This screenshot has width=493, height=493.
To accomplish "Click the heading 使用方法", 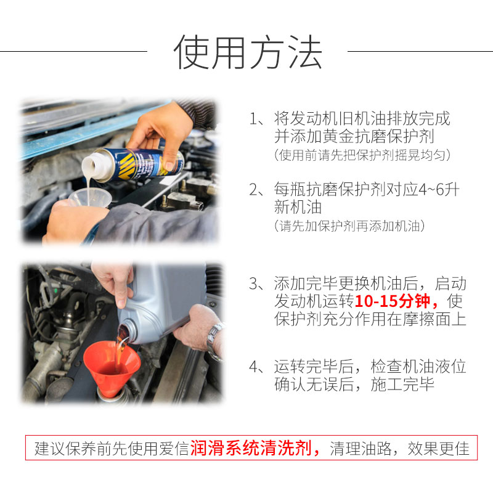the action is [x=248, y=52].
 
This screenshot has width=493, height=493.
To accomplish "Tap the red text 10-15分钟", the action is [x=392, y=301].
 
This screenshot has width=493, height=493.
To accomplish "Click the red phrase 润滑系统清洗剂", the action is [x=251, y=448].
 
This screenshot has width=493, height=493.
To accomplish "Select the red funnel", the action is [x=112, y=369].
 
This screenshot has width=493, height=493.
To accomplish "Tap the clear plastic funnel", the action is [x=90, y=198].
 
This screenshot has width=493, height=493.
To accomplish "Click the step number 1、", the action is [x=256, y=119].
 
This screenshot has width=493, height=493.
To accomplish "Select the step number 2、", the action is [x=256, y=190].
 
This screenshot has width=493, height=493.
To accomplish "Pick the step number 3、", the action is [x=256, y=283].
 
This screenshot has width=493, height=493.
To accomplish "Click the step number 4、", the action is [x=256, y=367].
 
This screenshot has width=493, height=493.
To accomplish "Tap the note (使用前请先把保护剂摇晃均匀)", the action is [x=362, y=155].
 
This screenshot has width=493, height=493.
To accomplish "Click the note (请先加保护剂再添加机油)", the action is [x=349, y=226].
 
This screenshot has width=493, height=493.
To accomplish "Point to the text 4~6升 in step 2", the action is [x=439, y=190].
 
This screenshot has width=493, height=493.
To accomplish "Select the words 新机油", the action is [x=298, y=207].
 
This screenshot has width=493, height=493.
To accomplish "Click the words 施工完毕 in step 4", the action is [x=402, y=385].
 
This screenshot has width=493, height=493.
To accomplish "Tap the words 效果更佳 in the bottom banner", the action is [x=438, y=449].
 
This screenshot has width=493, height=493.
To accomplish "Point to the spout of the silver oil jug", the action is [x=128, y=330].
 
